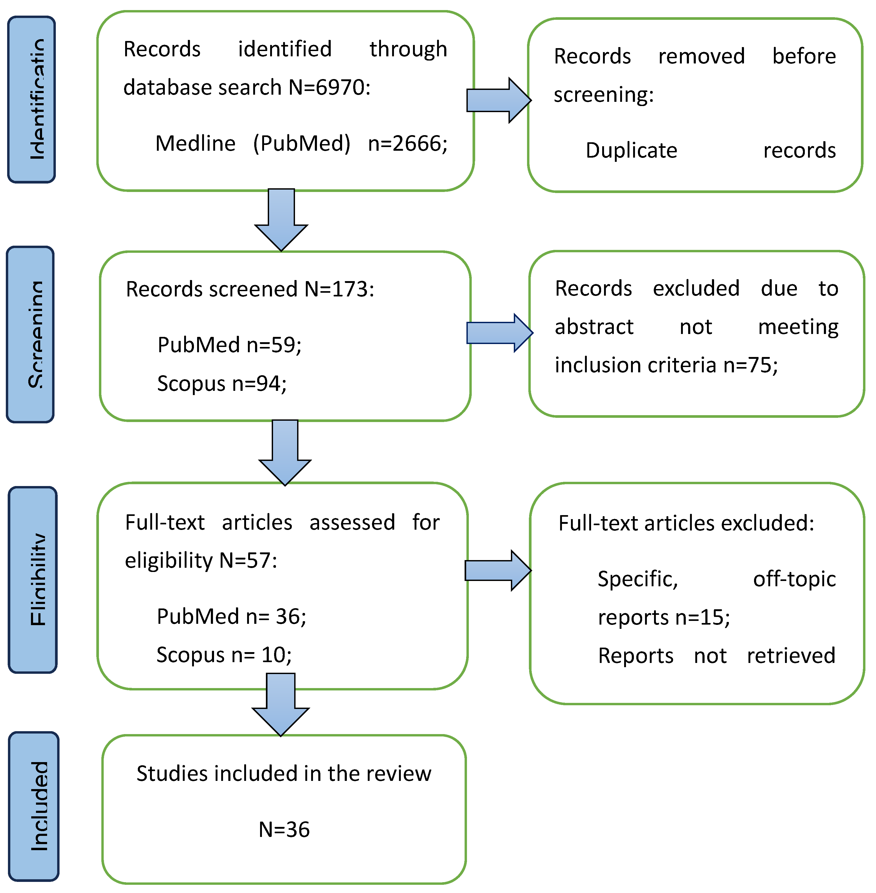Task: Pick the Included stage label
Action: click(34, 806)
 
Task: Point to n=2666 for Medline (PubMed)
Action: click(407, 144)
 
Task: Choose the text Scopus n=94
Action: click(222, 383)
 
